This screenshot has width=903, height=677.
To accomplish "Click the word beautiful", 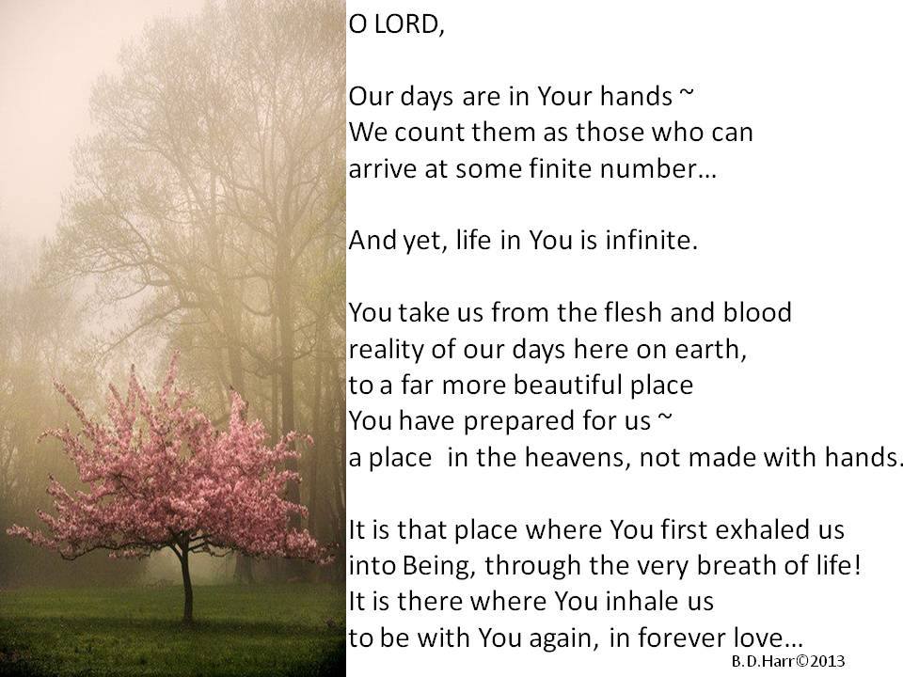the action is tap(568, 385).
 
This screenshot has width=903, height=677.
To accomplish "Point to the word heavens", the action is tap(577, 458).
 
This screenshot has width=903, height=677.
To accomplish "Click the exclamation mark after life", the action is tap(858, 565).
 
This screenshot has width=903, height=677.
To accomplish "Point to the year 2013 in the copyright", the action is tap(828, 661).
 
